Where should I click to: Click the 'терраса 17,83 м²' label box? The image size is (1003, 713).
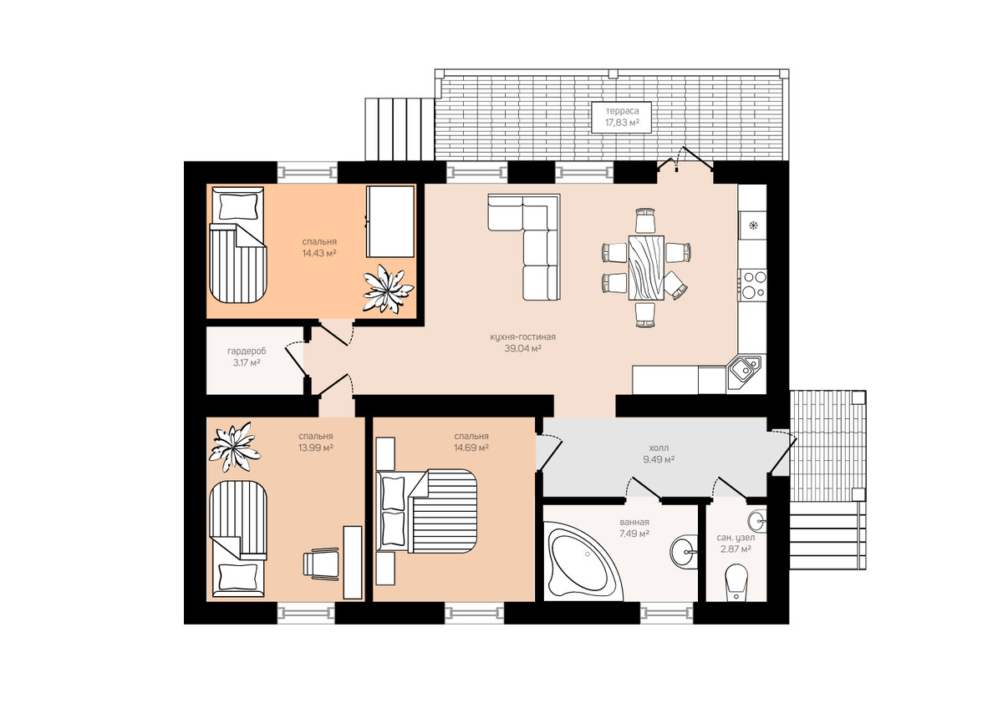(x=621, y=117)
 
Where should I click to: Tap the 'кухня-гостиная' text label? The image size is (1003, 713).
(x=522, y=336)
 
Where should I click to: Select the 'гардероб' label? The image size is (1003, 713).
(x=247, y=351)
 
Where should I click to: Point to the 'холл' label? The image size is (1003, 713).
(x=659, y=448)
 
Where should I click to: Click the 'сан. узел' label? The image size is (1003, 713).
(x=736, y=537)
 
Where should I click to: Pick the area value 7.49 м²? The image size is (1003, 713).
(x=634, y=533)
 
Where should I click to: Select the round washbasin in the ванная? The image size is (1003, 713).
(x=684, y=552)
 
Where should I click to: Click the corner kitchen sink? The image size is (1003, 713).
(x=744, y=371)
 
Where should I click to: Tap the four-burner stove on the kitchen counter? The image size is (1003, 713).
(x=752, y=285)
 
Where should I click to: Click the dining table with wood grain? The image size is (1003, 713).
(x=645, y=267)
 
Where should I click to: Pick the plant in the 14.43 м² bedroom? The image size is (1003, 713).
(x=387, y=289)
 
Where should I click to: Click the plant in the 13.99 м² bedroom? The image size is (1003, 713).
(x=234, y=448)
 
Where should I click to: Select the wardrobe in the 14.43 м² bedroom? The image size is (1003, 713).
(x=390, y=221)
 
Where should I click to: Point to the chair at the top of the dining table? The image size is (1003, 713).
(x=645, y=220)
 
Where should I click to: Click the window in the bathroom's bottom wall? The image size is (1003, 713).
(x=666, y=614)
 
